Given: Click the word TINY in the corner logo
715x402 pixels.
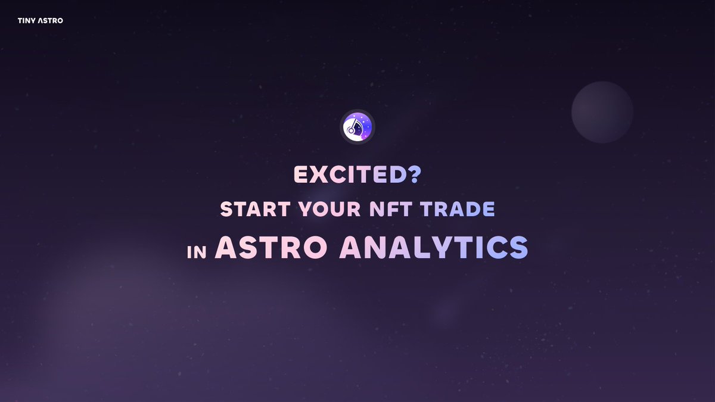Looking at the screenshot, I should pos(26,21).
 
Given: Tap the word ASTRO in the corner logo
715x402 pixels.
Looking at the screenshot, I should pos(49,21).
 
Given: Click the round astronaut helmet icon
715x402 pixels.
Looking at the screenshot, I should pos(357,127).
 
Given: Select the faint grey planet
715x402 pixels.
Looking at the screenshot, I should pos(602,112).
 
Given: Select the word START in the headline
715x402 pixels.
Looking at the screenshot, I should pos(248,210).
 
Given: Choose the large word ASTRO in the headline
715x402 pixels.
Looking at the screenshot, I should pos(272,247).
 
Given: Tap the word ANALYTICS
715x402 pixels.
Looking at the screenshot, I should pos(433,247).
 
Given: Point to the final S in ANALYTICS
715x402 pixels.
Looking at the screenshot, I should pos(517,247).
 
